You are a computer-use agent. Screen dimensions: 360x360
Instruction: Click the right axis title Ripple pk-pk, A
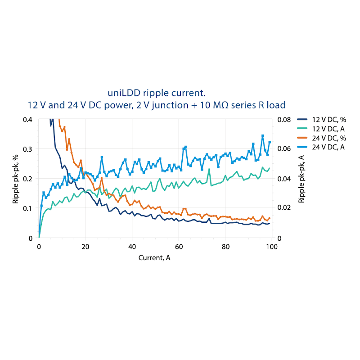click(301, 179)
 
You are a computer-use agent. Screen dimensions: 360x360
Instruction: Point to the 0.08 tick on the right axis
click(284, 119)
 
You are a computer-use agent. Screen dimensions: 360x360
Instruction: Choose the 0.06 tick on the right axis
click(284, 149)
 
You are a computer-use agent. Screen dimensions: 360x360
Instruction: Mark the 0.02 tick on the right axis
click(284, 208)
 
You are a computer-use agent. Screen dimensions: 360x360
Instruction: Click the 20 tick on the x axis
click(85, 247)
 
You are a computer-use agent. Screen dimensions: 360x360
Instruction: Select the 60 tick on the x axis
click(179, 247)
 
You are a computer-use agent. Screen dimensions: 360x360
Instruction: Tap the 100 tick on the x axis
click(271, 247)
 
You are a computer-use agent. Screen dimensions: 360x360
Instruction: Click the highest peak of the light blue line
click(263, 135)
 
